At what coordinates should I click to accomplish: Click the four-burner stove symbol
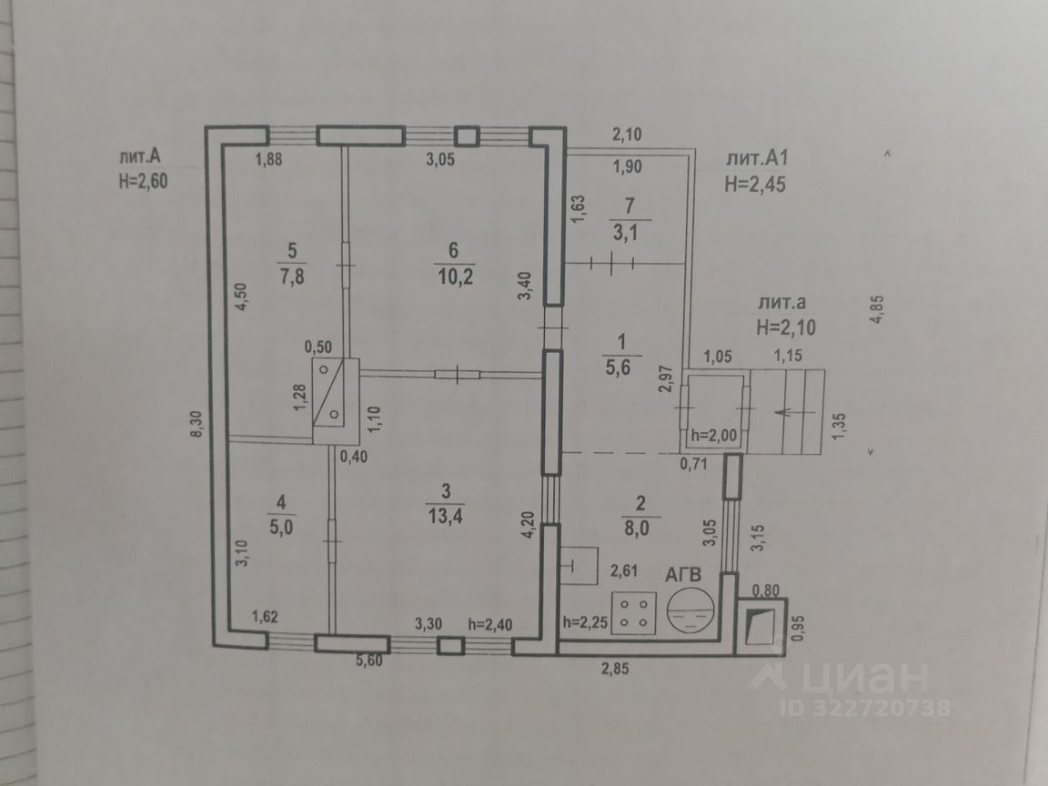tap(635, 612)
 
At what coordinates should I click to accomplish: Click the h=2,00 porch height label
tap(714, 434)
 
